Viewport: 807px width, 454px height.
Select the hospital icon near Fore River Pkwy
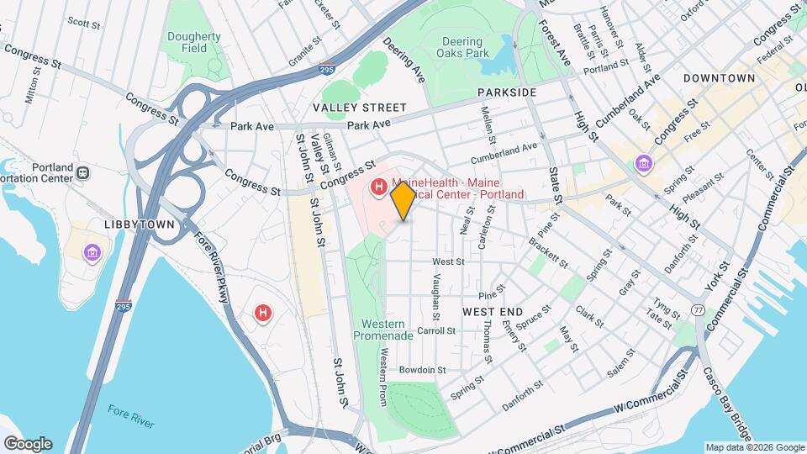point(263,314)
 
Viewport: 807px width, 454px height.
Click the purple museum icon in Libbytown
point(92,252)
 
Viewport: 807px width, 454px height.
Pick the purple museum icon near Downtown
point(644,161)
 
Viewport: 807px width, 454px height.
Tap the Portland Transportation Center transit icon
point(82,172)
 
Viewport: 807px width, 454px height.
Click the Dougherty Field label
point(193,42)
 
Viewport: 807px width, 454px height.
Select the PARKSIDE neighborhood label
point(506,92)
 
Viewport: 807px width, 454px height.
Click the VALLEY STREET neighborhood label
point(359,108)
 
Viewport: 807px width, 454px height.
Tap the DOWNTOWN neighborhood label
point(719,78)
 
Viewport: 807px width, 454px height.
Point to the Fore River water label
point(130,411)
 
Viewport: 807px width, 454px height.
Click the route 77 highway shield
point(699,311)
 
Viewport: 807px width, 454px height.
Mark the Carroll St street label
point(435,330)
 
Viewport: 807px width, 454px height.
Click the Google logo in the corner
point(28,443)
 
